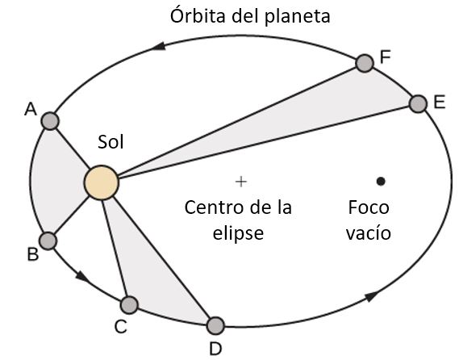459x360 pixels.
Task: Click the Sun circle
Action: coord(102,182)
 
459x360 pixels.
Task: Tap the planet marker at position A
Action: coord(50,121)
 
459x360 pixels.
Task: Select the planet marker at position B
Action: coord(48,241)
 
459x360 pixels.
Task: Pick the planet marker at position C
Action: coord(129,304)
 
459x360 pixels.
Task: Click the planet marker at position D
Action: coord(215,326)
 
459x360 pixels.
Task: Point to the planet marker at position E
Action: coord(418,103)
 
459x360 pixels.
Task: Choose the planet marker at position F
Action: coord(365,63)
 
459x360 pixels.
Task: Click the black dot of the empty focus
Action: coord(381,182)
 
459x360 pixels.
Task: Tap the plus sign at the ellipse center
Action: coord(241,182)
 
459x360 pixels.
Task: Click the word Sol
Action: coord(111,142)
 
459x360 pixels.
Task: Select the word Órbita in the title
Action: coord(198,15)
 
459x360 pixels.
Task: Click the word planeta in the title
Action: coord(298,18)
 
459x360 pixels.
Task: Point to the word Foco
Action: coord(369,207)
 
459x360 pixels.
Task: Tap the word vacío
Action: coord(369,232)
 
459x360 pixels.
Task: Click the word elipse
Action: coord(238,233)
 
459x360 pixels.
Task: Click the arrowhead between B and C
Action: coord(82,277)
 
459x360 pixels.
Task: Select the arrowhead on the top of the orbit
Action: coord(160,46)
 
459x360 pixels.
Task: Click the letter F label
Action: coord(386,57)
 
